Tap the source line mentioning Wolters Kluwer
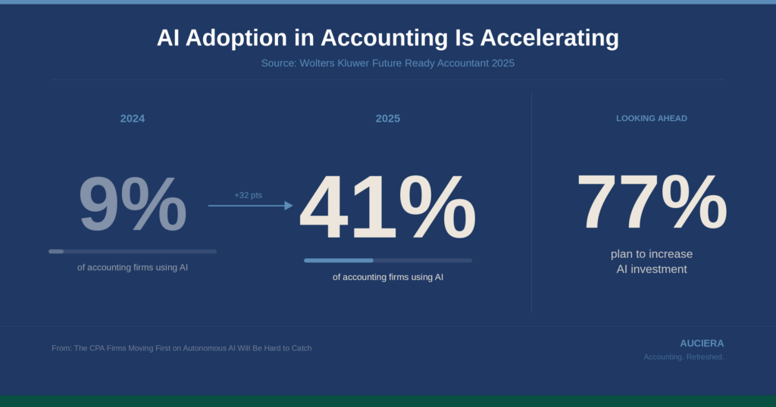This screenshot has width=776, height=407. coord(388,63)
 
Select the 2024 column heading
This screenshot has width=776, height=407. coord(133,119)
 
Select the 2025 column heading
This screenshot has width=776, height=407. coord(388,119)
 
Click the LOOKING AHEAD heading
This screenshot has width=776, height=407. coord(652,119)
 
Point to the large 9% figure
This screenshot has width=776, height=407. coord(133,204)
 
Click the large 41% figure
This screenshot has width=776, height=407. coord(388,208)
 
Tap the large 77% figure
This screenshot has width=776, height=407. coord(652,202)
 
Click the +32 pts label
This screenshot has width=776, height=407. coord(248,195)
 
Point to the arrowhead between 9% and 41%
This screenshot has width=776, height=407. coord(289,205)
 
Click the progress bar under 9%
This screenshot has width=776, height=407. coord(133,251)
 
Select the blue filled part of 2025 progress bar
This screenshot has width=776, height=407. coord(339,260)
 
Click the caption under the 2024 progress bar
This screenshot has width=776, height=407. coord(133,267)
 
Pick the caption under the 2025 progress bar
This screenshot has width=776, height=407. coord(388,277)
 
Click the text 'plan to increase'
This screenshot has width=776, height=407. coord(652,253)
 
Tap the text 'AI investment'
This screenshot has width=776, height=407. coord(652,269)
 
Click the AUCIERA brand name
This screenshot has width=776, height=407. coord(702,343)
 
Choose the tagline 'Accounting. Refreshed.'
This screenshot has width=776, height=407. coord(684,357)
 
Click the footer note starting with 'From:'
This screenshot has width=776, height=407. coord(182,348)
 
